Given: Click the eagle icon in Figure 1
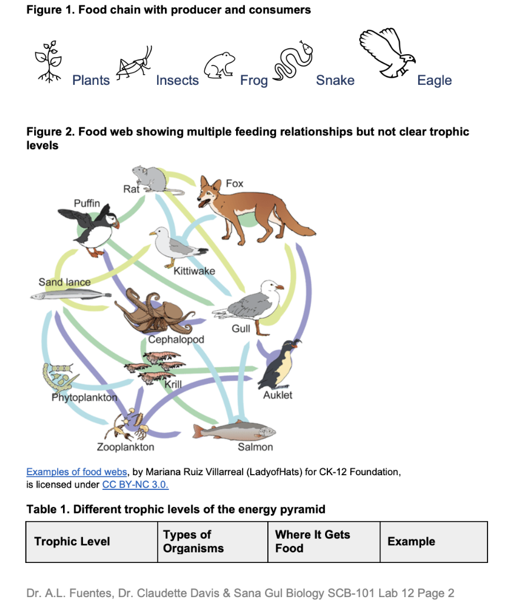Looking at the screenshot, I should coord(386,54).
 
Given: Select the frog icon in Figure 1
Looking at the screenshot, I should coord(220,65).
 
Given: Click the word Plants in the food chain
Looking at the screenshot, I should coord(91,81).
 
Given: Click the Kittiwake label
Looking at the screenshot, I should coord(194,271).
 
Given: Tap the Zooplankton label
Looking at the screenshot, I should coord(125,447).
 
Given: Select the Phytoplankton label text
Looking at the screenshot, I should coord(84,397).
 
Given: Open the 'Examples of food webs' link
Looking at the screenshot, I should coord(77,472).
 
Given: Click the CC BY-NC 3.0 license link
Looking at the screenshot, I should coord(135,485).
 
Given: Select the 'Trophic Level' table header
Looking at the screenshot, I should coord(72,542).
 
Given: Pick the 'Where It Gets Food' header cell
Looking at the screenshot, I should coord(313,542).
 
